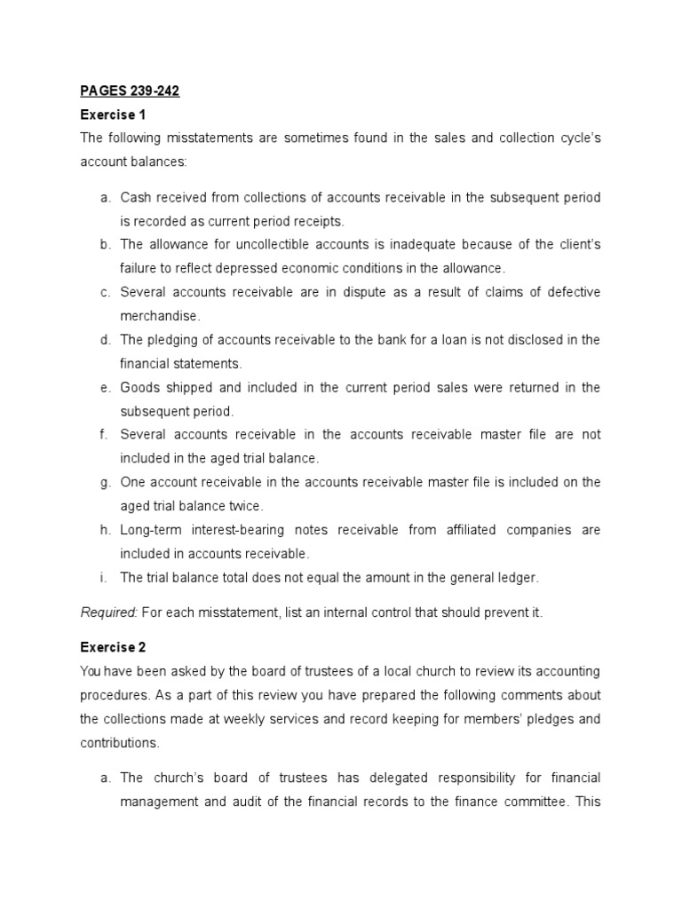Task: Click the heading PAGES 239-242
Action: [130, 91]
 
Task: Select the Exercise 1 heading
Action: [113, 115]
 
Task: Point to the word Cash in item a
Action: [136, 196]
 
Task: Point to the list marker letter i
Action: [104, 577]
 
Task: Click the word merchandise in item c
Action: [160, 316]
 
